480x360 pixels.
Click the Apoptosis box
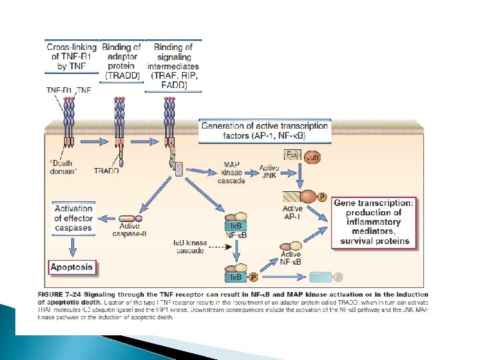pos(72,268)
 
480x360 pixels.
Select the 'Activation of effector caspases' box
pos(73,219)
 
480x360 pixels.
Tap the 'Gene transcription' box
pos(373,221)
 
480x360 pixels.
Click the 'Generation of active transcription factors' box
pos(265,131)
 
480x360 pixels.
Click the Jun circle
pos(312,157)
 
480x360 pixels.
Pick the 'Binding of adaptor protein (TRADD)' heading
pos(122,61)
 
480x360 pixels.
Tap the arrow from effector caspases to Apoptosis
pos(72,245)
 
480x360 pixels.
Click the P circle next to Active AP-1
pos(323,197)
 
